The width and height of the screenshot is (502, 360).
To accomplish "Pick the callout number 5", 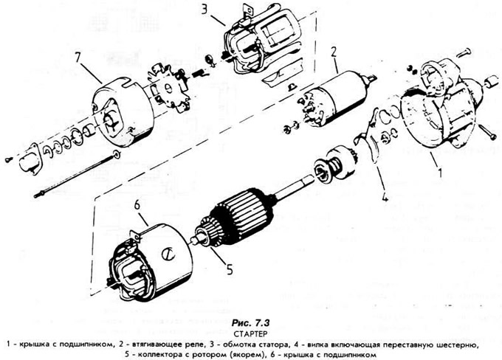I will (229, 269).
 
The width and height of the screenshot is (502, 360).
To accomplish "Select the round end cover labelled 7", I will (122, 111).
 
